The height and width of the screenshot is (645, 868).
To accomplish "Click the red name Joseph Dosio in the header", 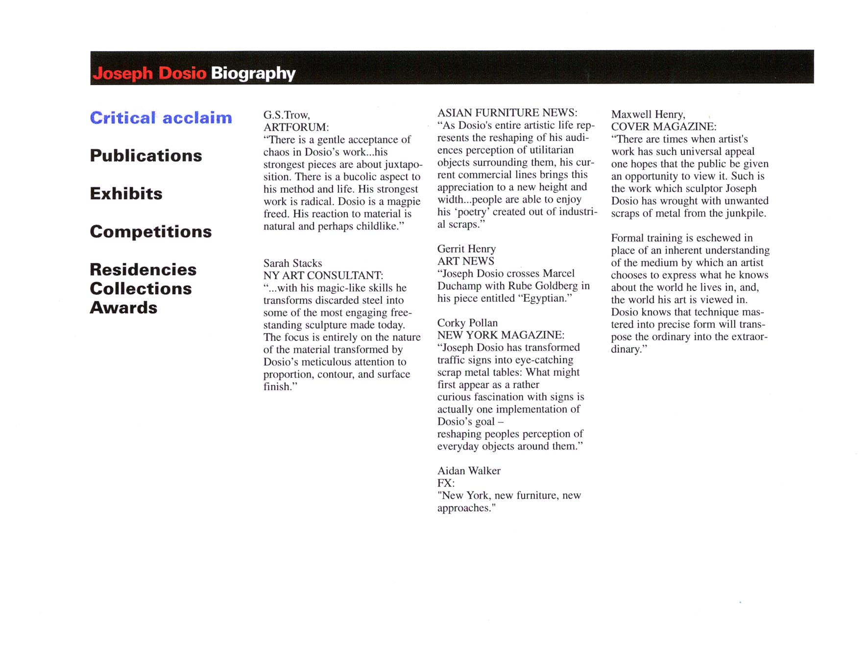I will tap(149, 74).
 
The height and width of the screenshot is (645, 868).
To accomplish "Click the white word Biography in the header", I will tap(253, 74).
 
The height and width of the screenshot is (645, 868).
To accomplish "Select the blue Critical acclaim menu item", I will tap(161, 118).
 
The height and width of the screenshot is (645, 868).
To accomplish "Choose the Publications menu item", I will tap(145, 156).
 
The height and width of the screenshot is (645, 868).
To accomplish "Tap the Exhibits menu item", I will tap(126, 194).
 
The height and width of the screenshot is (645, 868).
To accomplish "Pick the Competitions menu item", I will tap(150, 231).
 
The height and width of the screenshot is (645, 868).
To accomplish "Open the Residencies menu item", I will tap(143, 270).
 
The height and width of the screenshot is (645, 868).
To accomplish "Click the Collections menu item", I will tap(141, 289).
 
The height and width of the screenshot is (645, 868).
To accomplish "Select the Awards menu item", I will tap(123, 308).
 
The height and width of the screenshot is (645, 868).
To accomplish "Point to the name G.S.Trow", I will tap(287, 115).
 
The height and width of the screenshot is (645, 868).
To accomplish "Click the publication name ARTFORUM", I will tap(296, 127).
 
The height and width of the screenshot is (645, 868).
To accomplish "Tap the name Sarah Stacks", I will tap(292, 263).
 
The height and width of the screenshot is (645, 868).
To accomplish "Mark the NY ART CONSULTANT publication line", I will tap(323, 275).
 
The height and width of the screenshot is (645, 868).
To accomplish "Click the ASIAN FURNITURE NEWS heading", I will tap(507, 113).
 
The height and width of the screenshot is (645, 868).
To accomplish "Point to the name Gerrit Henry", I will tap(466, 249).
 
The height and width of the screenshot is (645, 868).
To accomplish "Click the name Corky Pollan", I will tap(467, 323).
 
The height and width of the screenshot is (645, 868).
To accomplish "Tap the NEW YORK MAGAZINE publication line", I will tap(501, 335).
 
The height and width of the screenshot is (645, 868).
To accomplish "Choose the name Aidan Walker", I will tap(469, 471).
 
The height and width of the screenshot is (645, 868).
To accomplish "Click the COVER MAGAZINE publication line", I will tap(663, 127).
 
